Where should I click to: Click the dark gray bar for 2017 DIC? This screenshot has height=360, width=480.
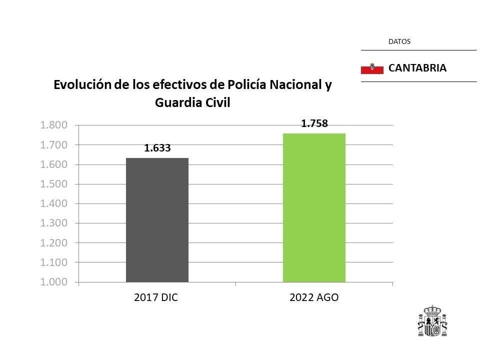157,220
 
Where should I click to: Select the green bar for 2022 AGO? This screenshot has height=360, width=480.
314,207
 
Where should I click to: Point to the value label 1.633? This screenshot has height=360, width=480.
157,148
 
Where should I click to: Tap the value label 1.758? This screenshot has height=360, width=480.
314,123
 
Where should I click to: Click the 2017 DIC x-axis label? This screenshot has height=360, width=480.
156,297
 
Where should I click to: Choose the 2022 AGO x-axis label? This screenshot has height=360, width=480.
314,297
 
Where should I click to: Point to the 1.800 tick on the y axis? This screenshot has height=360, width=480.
53,125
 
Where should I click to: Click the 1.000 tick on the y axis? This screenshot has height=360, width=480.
53,282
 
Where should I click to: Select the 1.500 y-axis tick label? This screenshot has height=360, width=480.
53,184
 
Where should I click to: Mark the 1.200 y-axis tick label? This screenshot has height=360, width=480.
53,243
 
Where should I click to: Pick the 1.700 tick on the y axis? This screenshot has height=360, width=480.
53,145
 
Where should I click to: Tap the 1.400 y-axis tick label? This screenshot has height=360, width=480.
53,203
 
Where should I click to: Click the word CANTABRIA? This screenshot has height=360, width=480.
417,68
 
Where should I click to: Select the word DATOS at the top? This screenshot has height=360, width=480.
399,42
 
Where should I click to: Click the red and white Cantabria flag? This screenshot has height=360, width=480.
371,68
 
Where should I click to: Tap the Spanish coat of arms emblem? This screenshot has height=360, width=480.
432,321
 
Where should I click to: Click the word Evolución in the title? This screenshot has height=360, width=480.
81,85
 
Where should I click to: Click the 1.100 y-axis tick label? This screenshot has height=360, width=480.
53,262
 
